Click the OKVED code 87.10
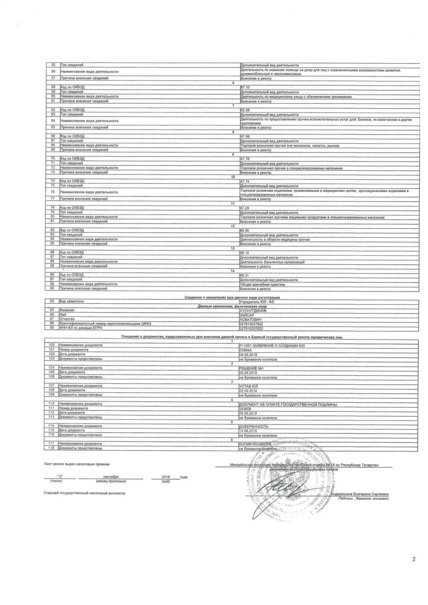point(245,87)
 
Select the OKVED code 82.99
point(245,110)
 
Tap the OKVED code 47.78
point(245,159)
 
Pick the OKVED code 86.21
point(244,275)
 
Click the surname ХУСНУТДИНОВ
point(253,311)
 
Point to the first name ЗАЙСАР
point(247,315)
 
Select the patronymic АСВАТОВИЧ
point(250,320)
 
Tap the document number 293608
point(245,409)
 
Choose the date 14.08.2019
point(248,431)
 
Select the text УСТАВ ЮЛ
point(248,386)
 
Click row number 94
point(52,301)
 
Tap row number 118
point(51,448)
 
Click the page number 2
point(414,559)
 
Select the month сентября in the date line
point(111,477)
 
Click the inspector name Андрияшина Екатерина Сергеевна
point(359,494)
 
